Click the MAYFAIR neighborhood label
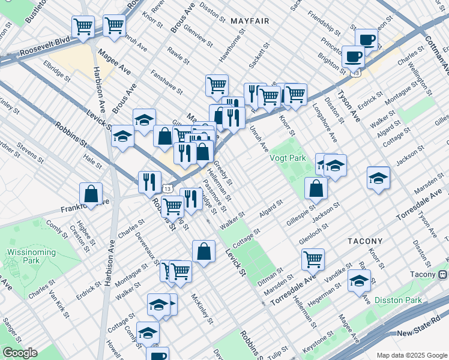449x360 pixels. pos(249,21)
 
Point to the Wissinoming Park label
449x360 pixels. pos(22,257)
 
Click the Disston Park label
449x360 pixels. pos(398,300)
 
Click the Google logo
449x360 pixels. pos(19,353)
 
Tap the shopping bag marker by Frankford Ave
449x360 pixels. pos(91,194)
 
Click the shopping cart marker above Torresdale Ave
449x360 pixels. pos(313,260)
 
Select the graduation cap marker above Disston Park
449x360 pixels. pos(359,281)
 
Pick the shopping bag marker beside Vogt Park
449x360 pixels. pos(316,188)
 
